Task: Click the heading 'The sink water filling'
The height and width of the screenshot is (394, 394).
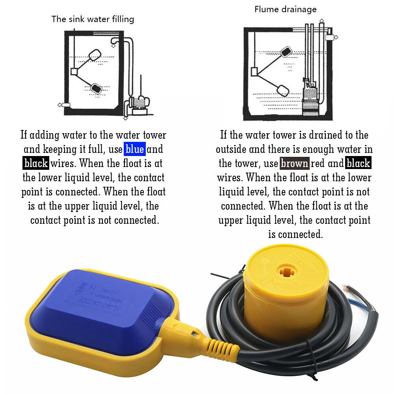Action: coord(93,19)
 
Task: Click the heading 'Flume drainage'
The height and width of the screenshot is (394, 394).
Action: coord(285,9)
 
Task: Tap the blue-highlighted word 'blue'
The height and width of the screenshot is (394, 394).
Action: coord(135,149)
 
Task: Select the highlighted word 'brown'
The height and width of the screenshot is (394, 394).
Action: coord(295,164)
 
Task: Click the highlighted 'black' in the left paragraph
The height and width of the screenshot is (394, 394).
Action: coord(36,164)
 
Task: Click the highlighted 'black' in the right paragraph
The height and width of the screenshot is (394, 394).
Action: coord(358,164)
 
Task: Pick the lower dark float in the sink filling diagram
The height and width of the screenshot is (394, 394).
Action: coord(96,87)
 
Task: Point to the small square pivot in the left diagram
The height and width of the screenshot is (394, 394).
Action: coord(74,71)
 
